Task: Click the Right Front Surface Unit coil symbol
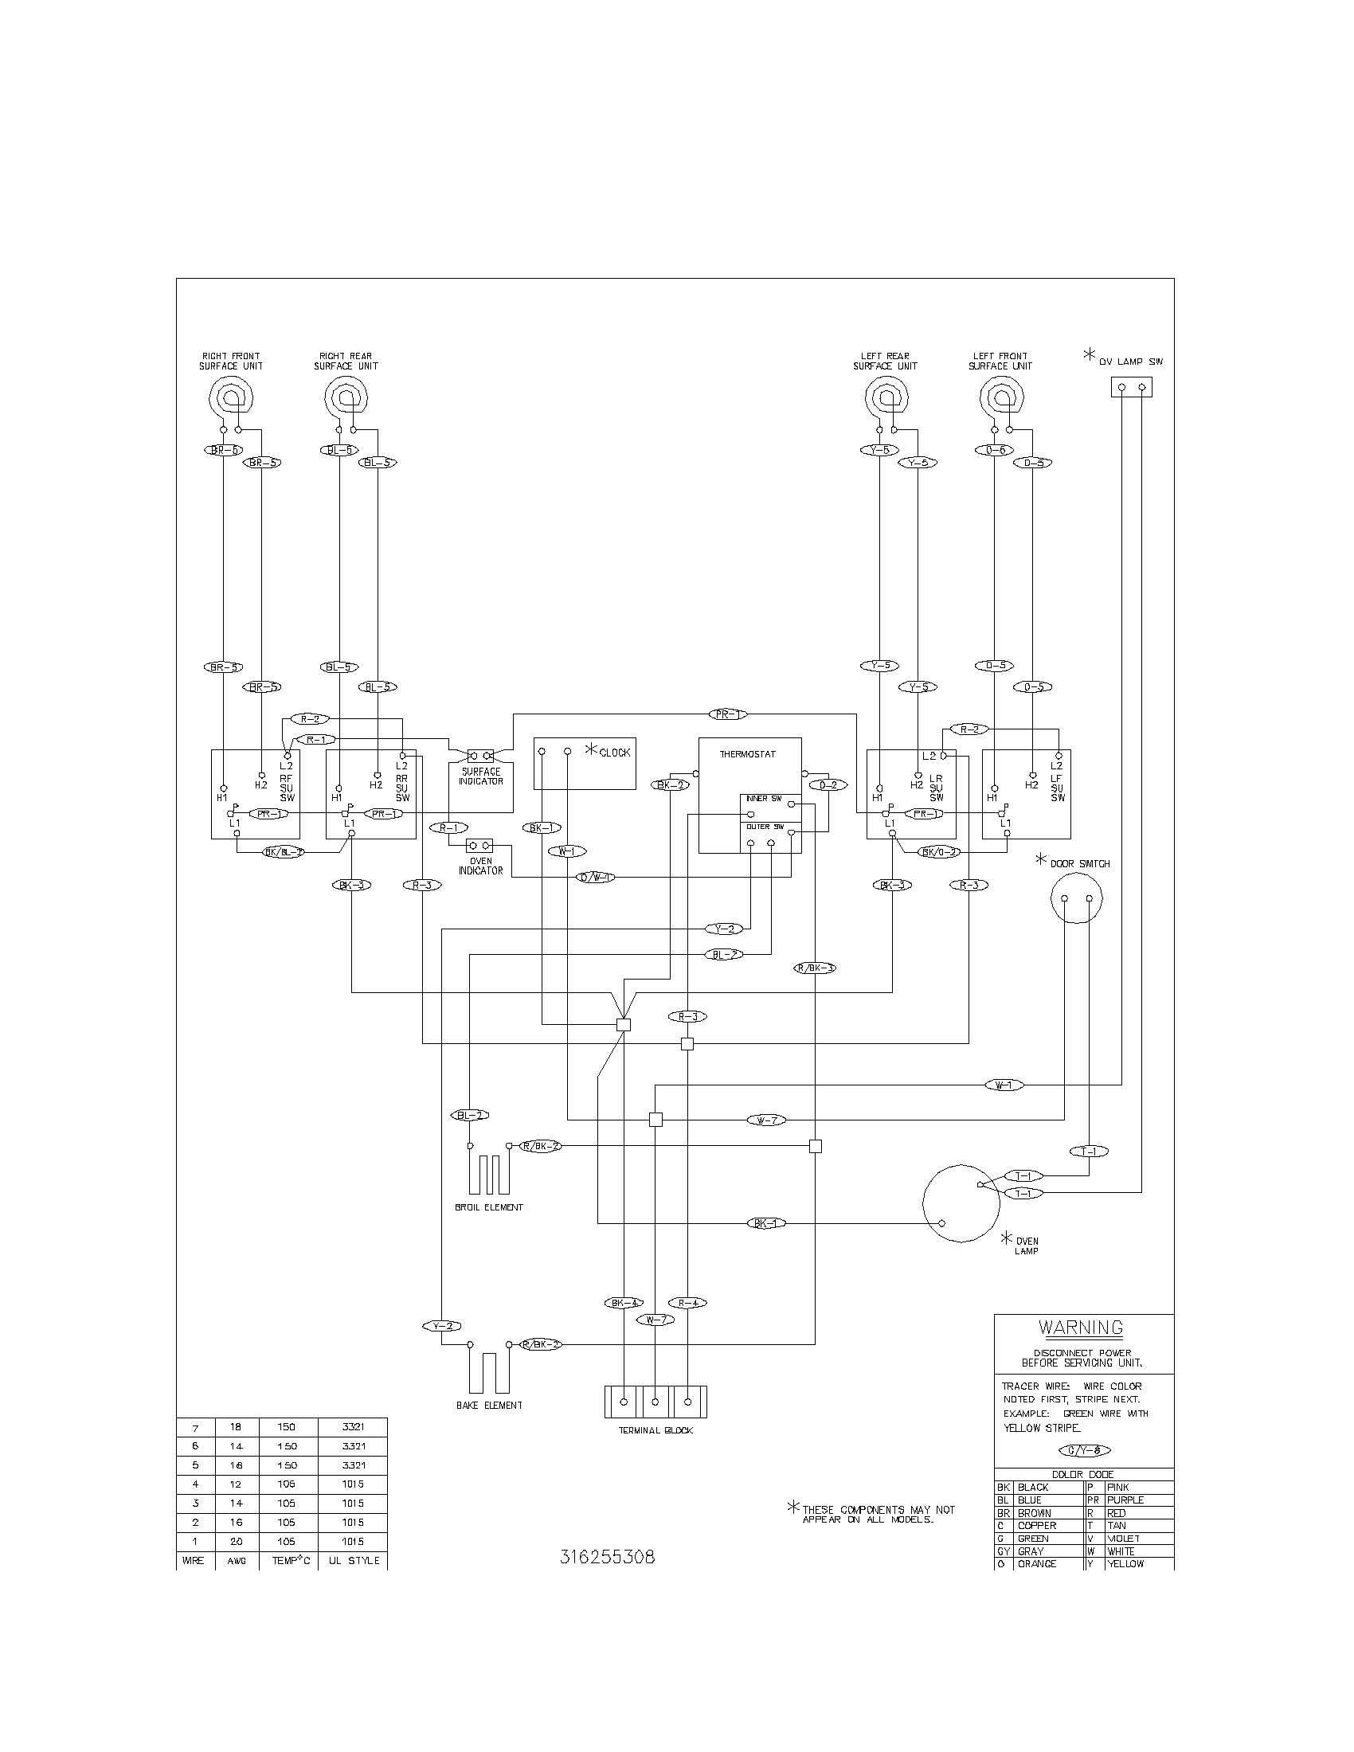pos(232,397)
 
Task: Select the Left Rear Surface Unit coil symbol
pos(886,397)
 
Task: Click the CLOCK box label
pos(614,753)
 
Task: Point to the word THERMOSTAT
pos(747,755)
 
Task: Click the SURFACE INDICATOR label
pos(480,776)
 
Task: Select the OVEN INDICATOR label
pos(480,866)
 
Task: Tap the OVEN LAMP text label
pos(1027,1246)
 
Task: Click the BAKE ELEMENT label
pos(488,1406)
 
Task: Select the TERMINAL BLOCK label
pos(655,1430)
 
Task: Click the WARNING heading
pos(1081,1328)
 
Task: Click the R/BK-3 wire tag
pos(815,968)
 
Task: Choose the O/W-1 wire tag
pos(596,878)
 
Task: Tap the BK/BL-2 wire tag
pos(284,852)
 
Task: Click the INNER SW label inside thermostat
pos(763,799)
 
